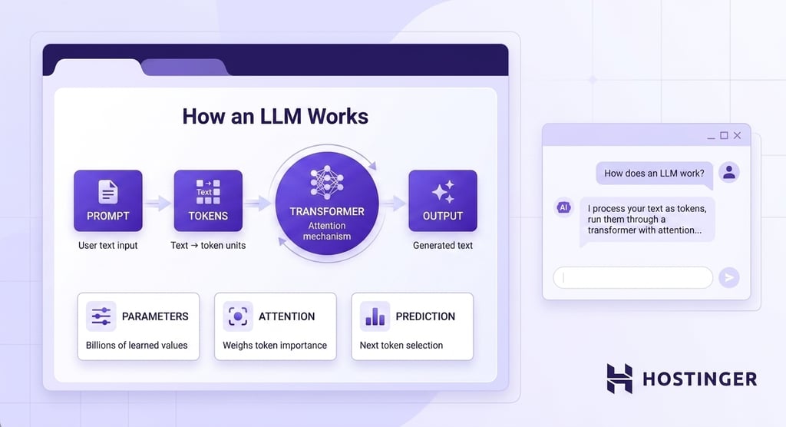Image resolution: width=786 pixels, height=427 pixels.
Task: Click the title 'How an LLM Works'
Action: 276,116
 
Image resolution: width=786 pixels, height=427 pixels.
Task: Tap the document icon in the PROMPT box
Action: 107,192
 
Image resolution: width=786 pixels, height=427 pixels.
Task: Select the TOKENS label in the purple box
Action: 208,216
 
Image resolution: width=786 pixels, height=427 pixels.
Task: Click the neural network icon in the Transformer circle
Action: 327,183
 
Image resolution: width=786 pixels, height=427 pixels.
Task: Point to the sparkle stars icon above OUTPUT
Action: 443,192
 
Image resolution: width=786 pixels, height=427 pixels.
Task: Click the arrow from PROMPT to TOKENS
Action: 158,204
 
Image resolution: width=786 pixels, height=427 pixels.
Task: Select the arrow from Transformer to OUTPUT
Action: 394,204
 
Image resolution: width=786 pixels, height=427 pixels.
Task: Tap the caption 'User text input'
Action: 107,245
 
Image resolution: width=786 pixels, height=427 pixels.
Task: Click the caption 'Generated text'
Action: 443,245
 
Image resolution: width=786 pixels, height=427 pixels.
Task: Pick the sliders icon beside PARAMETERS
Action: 101,316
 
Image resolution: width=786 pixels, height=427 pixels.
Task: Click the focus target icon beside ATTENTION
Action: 238,316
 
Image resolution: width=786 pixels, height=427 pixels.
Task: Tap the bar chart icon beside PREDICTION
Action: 375,316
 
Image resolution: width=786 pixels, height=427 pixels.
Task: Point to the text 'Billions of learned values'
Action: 137,346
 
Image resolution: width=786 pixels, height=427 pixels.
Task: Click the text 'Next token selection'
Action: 401,346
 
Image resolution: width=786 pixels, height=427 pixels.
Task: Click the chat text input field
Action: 632,277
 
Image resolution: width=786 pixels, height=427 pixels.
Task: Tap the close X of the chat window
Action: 737,135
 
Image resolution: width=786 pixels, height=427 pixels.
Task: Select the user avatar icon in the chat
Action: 729,172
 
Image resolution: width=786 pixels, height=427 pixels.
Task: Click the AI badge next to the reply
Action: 563,207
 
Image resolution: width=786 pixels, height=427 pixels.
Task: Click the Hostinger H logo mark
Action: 619,379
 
